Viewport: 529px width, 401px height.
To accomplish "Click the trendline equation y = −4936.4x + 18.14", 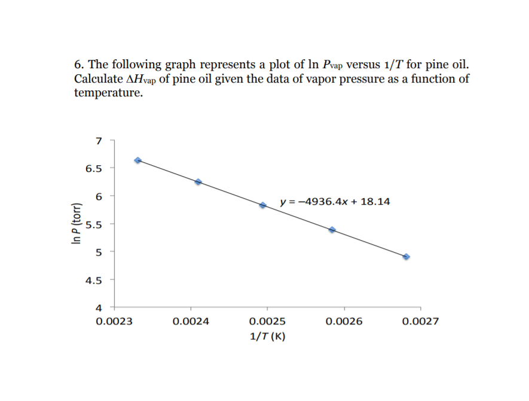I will point(335,202).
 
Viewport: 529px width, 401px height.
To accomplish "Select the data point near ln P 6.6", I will point(138,160).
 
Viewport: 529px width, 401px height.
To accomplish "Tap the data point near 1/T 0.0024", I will point(198,181).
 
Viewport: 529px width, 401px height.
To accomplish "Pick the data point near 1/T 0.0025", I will point(262,205).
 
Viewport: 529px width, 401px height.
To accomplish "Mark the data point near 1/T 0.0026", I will point(332,229).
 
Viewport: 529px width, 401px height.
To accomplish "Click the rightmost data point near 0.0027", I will point(406,256).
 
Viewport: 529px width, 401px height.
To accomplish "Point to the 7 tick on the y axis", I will point(99,141).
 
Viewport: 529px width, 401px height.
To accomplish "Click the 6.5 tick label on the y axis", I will point(94,168).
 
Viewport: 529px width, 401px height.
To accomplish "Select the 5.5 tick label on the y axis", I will point(94,224).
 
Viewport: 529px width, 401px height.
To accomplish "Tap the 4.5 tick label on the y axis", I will point(94,280).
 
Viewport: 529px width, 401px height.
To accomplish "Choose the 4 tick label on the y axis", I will point(99,308).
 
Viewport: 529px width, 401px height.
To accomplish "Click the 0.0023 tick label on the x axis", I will point(114,321).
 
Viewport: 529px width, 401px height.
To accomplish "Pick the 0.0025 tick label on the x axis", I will point(267,321).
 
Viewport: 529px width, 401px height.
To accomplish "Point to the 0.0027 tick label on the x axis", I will point(421,321).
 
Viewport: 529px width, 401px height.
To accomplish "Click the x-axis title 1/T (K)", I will point(267,336).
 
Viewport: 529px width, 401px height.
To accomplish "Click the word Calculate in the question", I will point(98,79).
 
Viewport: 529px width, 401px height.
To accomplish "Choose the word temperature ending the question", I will point(108,93).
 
